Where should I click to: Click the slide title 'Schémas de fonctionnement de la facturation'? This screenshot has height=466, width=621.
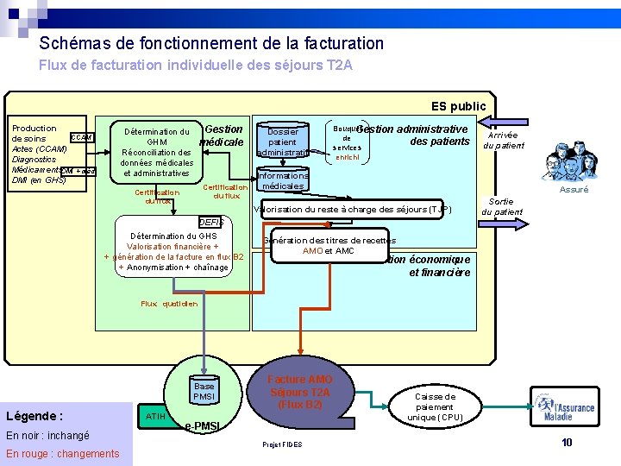(211, 43)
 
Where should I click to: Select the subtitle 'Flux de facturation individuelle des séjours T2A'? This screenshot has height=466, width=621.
(196, 65)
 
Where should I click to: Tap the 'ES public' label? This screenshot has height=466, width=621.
(458, 106)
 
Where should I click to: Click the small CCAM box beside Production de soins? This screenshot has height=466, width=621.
(80, 137)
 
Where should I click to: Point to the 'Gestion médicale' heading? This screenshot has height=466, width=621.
(223, 135)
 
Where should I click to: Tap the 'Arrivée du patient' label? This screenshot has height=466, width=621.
(503, 141)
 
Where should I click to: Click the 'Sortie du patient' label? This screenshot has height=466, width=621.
(501, 206)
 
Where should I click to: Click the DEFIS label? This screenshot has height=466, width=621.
(210, 222)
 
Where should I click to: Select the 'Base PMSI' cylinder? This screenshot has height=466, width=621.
(204, 391)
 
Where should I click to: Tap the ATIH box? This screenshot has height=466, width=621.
(155, 416)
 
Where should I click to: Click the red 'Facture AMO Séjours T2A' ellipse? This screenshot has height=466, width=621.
(299, 393)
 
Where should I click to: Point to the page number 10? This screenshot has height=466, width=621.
(567, 443)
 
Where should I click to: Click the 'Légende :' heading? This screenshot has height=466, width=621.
(34, 415)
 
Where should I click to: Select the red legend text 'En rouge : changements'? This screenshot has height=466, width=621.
(63, 454)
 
